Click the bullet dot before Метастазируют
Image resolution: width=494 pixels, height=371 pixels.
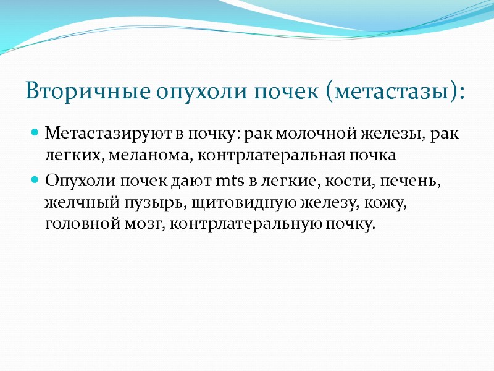click(35, 133)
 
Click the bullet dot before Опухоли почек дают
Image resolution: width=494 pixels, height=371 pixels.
click(35, 180)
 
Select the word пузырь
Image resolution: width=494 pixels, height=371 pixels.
click(136, 202)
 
